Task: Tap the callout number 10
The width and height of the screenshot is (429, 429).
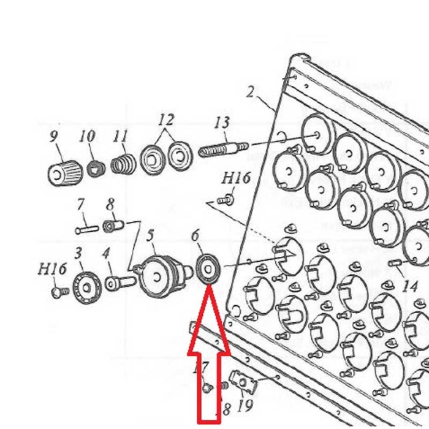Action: [x=88, y=136]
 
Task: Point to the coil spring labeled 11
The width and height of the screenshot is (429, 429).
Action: [x=125, y=165]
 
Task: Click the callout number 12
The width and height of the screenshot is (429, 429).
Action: [x=166, y=120]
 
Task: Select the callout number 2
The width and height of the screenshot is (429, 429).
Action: [x=250, y=92]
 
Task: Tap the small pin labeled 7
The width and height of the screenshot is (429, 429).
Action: [x=86, y=230]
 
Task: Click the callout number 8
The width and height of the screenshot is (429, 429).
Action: [x=110, y=204]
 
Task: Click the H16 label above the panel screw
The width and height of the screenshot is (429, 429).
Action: [x=236, y=178]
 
